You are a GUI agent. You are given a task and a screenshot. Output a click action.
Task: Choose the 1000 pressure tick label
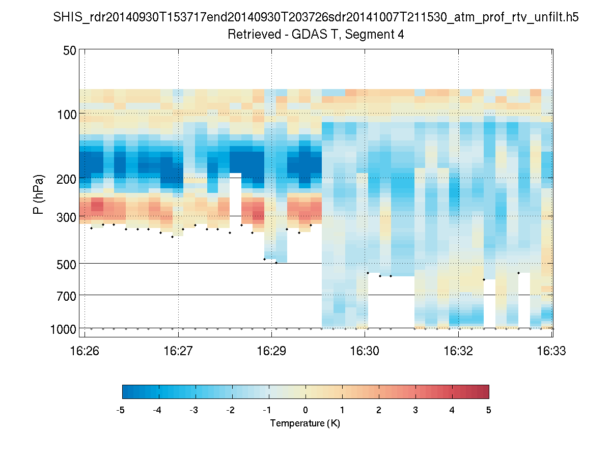[x=63, y=329]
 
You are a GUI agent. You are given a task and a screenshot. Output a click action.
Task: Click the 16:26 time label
[x=85, y=351]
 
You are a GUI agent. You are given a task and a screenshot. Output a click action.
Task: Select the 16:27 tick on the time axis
[x=178, y=351]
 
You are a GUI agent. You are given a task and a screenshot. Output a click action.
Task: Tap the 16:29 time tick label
[x=271, y=351]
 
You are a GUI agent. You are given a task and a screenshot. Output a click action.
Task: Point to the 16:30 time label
[x=365, y=351]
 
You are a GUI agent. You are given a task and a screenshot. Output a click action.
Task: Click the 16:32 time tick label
[x=459, y=351]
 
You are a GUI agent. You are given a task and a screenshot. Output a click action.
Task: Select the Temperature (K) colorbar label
[x=305, y=423]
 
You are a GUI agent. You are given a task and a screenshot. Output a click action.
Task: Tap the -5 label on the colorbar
[x=121, y=410]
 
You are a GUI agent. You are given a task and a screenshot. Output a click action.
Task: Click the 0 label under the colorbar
[x=305, y=410]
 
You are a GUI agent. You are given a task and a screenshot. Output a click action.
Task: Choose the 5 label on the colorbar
[x=489, y=410]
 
